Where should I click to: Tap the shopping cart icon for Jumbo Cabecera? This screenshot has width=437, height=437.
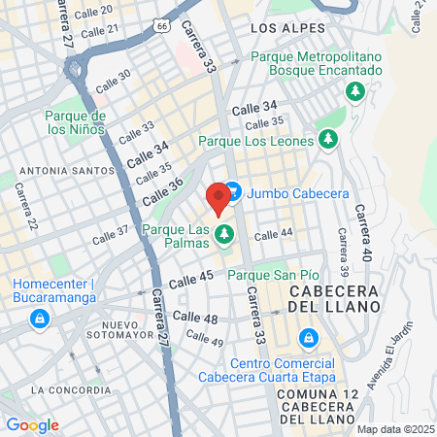233,192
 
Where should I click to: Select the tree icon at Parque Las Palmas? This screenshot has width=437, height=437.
225,233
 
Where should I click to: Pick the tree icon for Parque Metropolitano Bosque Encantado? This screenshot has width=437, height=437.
356,91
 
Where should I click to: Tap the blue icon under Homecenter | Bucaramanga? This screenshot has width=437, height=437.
39,318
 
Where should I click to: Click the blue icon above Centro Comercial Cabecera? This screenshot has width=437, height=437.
308,338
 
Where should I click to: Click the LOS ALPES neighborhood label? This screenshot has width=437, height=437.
284,29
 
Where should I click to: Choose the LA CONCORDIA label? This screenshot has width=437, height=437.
70,389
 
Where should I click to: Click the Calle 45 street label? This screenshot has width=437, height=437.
190,281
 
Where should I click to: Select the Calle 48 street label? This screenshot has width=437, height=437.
196,318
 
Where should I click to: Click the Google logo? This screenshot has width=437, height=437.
33,424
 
